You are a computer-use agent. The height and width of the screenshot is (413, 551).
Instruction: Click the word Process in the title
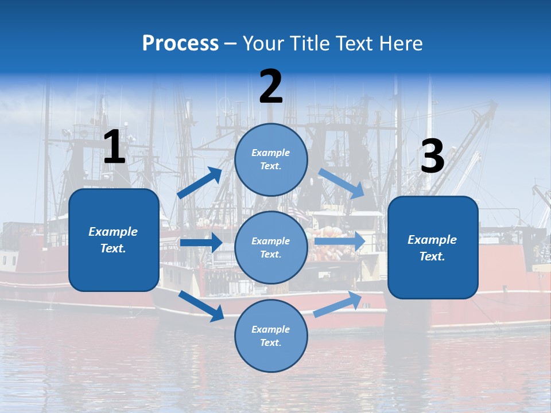pos(180,43)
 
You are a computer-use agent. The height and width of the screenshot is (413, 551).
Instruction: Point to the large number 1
pos(114,147)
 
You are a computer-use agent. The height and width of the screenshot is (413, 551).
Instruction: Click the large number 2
pos(271,87)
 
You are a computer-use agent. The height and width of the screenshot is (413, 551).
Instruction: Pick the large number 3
pos(432,157)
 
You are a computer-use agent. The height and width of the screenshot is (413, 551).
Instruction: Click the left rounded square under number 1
pos(114,240)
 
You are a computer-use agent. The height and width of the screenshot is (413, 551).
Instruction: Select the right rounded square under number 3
pos(433,248)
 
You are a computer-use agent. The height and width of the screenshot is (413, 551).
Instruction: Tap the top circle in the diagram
pos(271,159)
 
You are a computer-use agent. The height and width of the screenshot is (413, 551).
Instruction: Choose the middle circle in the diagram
pos(271,247)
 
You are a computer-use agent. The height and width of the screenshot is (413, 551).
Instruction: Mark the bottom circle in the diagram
pos(271,336)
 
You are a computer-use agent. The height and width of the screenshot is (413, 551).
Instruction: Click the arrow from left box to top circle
pos(200,182)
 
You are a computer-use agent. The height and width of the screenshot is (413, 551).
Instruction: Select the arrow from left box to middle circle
pos(201,243)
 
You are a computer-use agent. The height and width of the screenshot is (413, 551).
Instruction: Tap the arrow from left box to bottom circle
pos(201,305)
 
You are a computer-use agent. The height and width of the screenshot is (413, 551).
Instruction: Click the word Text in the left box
pos(112,249)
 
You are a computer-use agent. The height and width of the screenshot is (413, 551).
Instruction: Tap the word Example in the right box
pos(432,240)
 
